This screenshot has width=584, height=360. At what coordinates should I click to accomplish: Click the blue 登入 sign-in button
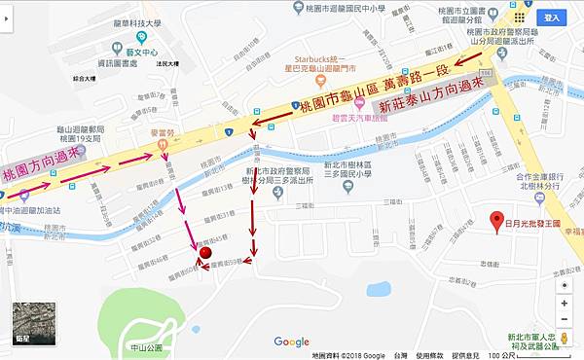click(553, 17)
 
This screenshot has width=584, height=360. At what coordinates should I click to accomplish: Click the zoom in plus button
click(565, 303)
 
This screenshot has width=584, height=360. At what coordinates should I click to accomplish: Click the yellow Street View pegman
click(565, 274)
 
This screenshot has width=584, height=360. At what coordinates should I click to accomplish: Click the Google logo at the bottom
click(291, 341)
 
